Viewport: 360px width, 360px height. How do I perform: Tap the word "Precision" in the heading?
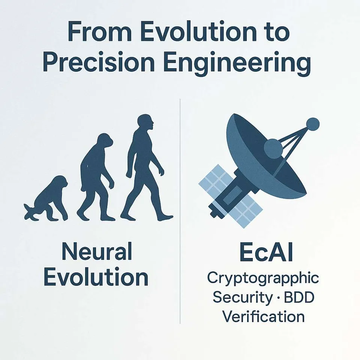(99, 61)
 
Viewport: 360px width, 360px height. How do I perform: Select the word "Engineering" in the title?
(238, 62)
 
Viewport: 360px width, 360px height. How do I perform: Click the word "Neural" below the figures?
(97, 251)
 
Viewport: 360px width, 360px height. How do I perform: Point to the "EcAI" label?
(266, 252)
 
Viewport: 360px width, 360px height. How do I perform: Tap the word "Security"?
(242, 298)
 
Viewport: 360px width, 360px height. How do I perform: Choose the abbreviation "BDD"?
(299, 297)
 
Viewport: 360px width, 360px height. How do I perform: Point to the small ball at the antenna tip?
(313, 124)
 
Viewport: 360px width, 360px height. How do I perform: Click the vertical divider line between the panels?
(180, 211)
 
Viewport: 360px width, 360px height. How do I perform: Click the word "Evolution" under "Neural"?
(96, 276)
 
